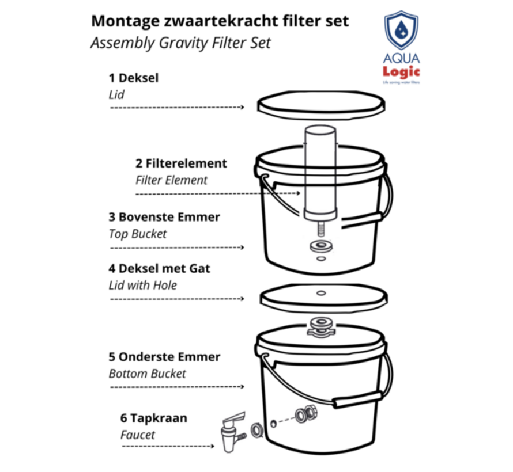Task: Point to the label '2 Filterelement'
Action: (181, 163)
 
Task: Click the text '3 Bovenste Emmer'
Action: (164, 217)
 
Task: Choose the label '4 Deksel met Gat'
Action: (159, 268)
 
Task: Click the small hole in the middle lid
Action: (320, 293)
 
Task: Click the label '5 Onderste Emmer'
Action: (164, 357)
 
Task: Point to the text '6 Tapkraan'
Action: (153, 418)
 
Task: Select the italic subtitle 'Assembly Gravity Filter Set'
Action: (180, 43)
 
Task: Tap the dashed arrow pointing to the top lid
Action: (176, 107)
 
